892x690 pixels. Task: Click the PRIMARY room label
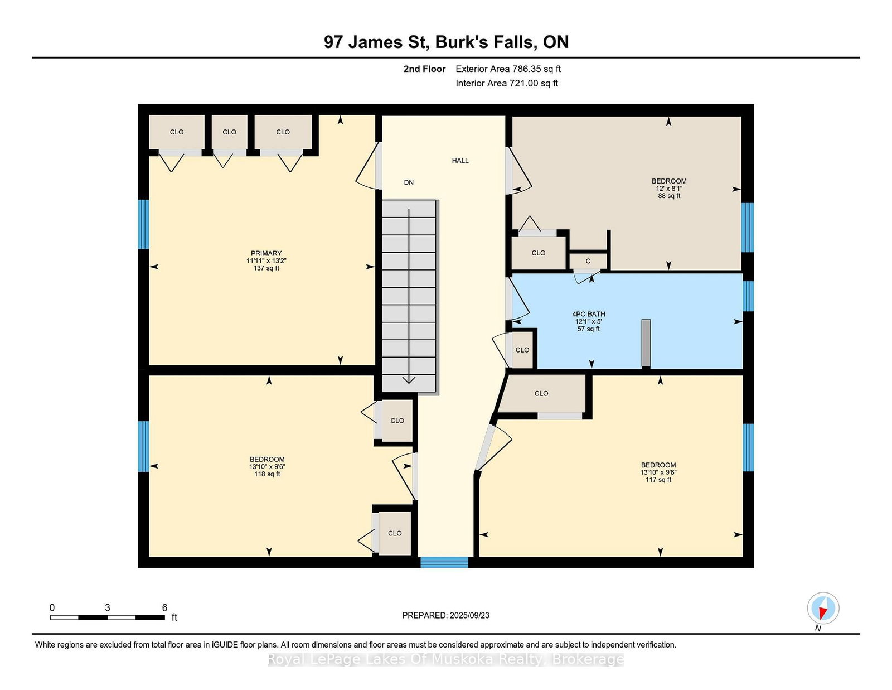[x=266, y=253]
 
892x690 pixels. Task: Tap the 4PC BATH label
[x=589, y=314]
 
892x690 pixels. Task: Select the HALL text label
[x=460, y=161]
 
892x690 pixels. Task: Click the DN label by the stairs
[x=409, y=183]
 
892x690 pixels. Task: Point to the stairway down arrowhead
[x=409, y=380]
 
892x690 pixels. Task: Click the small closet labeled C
[x=588, y=261]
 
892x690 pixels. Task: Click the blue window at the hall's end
[x=444, y=562]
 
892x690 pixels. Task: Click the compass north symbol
[x=823, y=608]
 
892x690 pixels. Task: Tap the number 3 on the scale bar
[x=108, y=608]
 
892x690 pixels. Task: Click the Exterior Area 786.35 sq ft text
[x=508, y=69]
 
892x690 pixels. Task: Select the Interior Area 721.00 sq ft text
[x=507, y=83]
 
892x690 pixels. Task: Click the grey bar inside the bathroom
[x=646, y=343]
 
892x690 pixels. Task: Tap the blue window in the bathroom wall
[x=748, y=296]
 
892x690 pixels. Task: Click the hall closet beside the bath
[x=522, y=350]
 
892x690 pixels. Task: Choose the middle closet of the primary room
[x=230, y=132]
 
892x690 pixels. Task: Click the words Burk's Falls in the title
[x=486, y=42]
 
